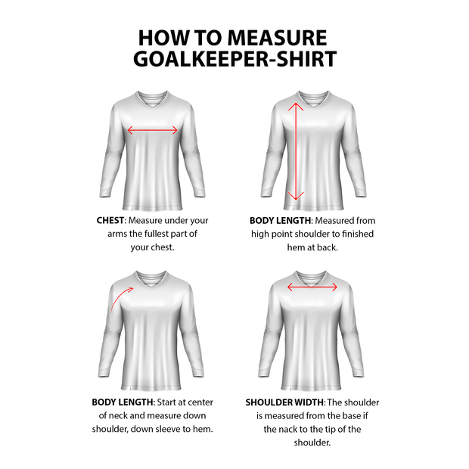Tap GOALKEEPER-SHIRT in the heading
point(234,59)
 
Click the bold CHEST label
point(110,221)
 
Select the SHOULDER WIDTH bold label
point(285,402)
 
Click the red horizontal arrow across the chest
point(152,130)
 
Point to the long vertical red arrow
point(296,151)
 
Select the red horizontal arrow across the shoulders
point(312,287)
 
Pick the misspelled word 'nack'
point(292,429)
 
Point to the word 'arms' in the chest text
point(120,234)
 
